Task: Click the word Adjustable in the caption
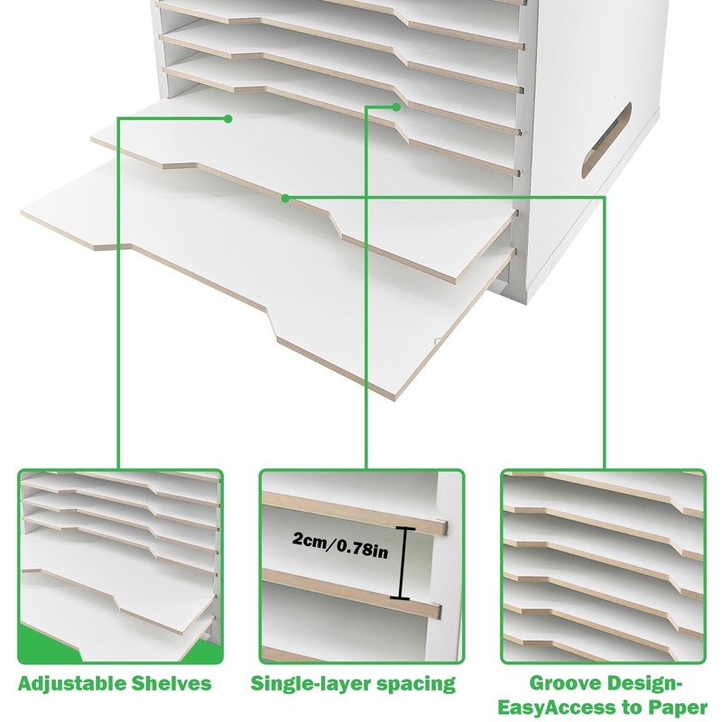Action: [x=69, y=683]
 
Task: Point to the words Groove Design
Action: [x=602, y=683]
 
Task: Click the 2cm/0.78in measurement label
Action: [x=340, y=542]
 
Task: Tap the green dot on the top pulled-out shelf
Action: [x=228, y=118]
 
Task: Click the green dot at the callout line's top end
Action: [x=396, y=106]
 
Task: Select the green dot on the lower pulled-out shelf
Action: [x=285, y=197]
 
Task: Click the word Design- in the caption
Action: [x=653, y=683]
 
